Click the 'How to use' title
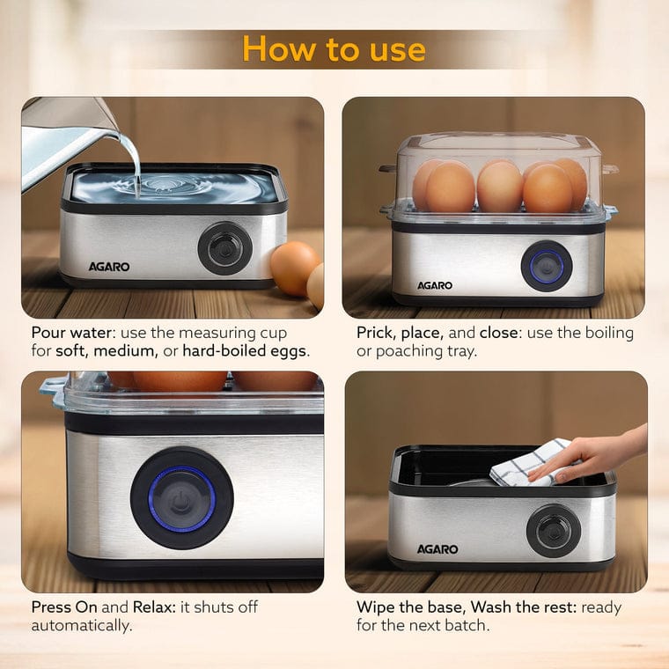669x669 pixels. [x=334, y=48]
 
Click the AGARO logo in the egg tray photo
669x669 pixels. [x=434, y=285]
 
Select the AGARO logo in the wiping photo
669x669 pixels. [x=438, y=549]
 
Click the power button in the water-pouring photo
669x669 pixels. [x=225, y=248]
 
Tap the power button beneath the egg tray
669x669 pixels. [x=546, y=266]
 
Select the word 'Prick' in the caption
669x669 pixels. [x=376, y=334]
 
